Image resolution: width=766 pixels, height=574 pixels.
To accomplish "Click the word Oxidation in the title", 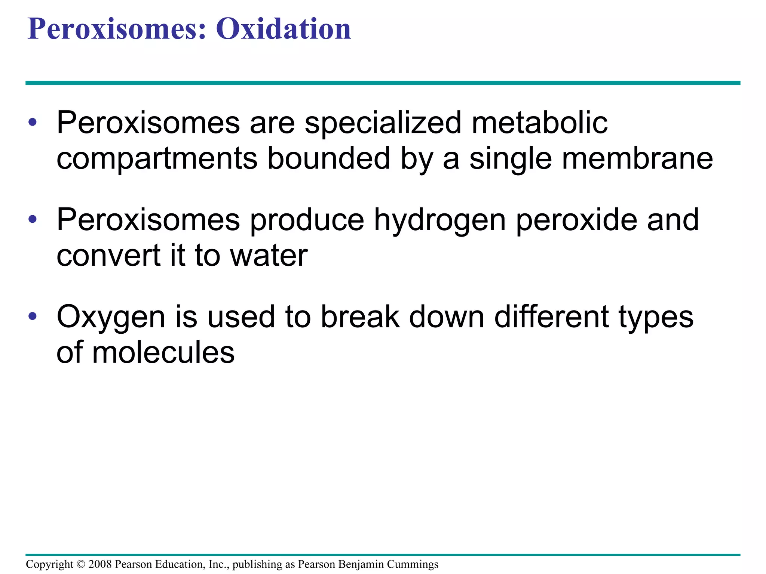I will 284,29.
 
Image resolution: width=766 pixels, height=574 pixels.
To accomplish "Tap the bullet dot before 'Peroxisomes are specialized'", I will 33,122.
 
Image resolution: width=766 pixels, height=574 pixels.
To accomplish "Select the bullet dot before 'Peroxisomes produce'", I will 33,219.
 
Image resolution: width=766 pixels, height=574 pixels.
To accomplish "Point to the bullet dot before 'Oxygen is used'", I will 33,316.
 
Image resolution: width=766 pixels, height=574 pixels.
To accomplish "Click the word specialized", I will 383,123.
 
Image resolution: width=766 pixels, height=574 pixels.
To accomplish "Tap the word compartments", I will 157,159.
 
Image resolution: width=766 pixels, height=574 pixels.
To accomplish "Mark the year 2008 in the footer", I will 100,564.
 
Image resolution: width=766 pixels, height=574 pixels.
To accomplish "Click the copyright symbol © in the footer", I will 81,564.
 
